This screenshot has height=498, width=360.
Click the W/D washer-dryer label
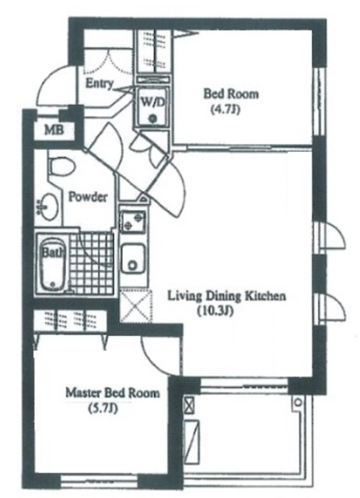(153, 102)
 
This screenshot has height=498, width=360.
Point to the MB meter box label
(54, 130)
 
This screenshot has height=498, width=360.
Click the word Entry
(100, 84)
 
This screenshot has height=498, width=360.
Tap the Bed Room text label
(231, 94)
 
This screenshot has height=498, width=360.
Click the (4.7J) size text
(225, 110)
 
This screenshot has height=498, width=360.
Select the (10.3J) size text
(215, 311)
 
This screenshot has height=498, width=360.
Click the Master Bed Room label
(113, 393)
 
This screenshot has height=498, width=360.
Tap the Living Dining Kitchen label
(227, 296)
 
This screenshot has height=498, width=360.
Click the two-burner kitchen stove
(133, 222)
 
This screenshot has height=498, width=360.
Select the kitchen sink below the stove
(133, 258)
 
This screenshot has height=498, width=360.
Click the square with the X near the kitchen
(135, 306)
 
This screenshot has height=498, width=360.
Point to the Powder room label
(88, 197)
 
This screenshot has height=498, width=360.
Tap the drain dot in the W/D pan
(154, 118)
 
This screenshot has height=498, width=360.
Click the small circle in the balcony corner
(298, 402)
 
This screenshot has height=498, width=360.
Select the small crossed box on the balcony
(189, 406)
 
